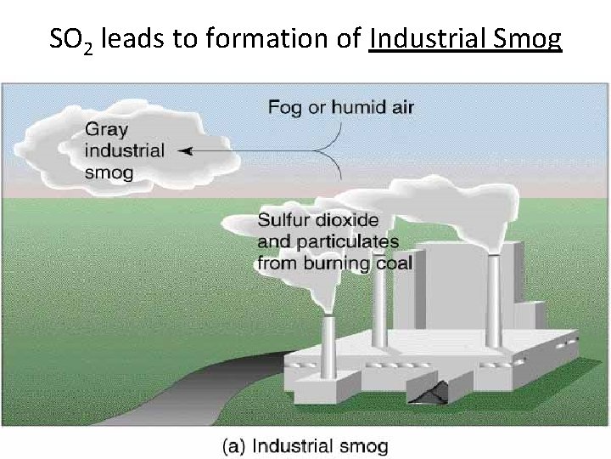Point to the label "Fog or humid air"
coord(340,107)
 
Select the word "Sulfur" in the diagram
coord(282,220)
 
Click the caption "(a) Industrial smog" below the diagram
coord(305,445)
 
